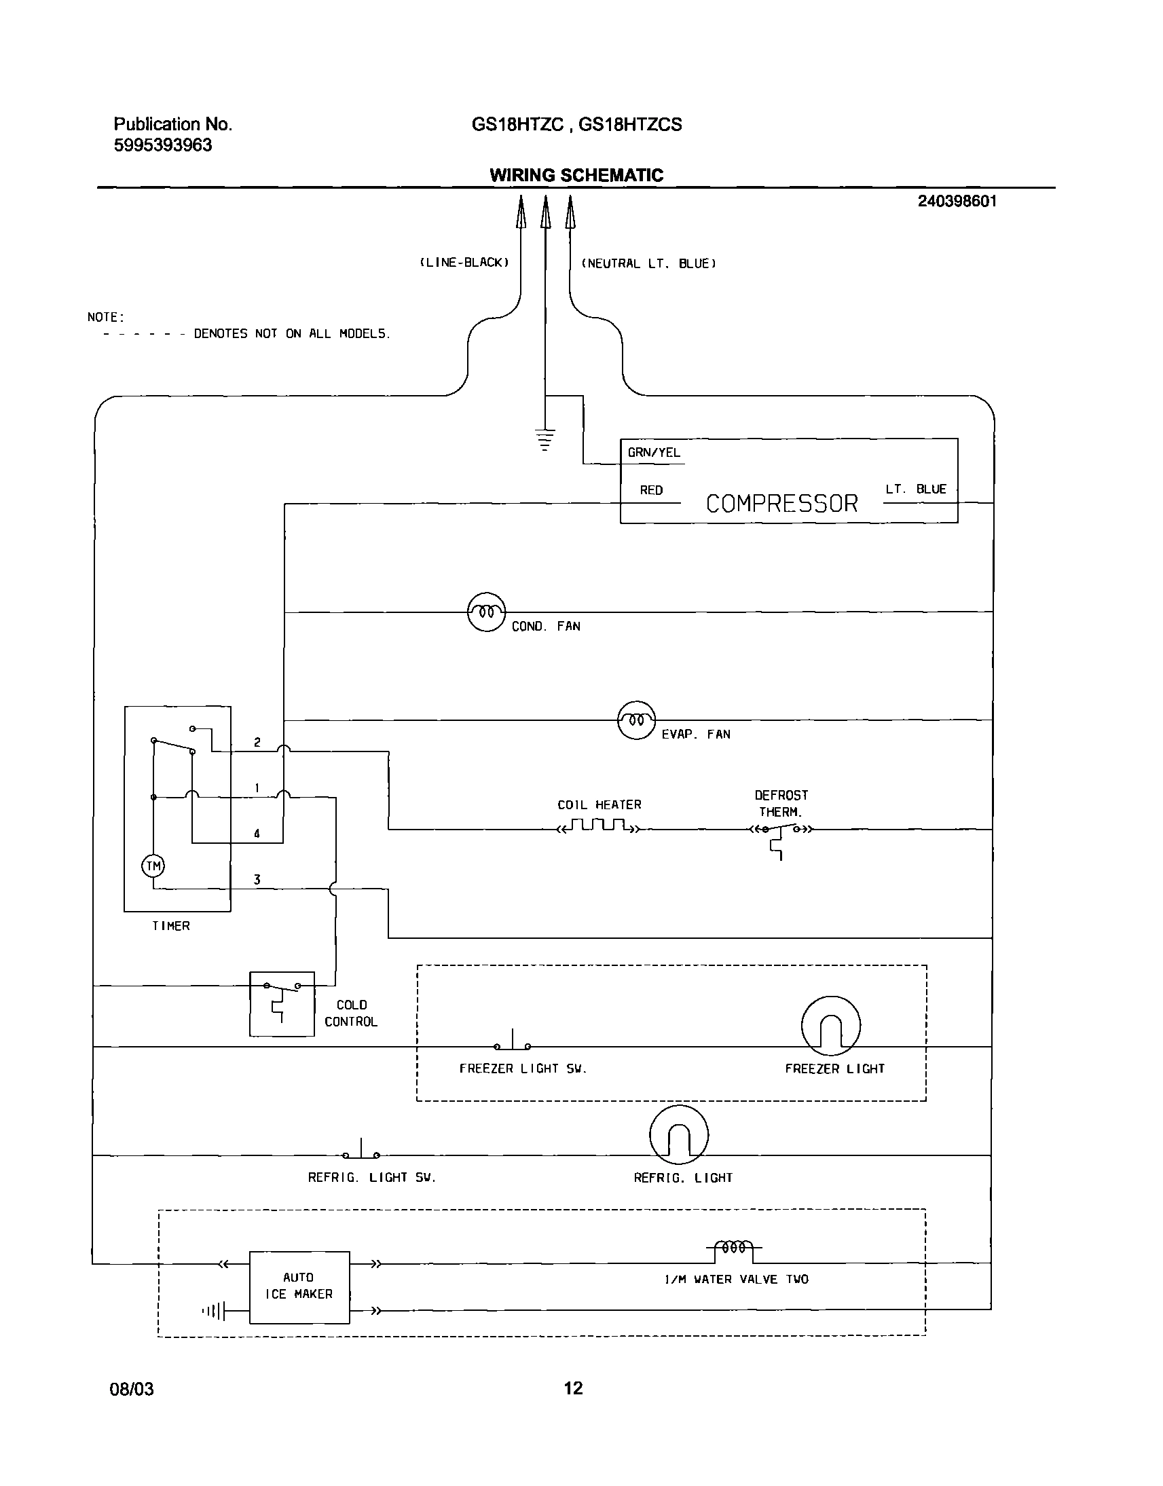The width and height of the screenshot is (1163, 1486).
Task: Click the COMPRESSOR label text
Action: pyautogui.click(x=781, y=504)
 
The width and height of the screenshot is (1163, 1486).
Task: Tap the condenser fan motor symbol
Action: pyautogui.click(x=486, y=612)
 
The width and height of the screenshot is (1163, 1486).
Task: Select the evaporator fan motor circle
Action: pyautogui.click(x=636, y=720)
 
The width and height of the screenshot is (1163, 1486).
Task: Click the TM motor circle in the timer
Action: pyautogui.click(x=153, y=866)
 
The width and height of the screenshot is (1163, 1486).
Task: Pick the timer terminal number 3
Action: pyautogui.click(x=257, y=880)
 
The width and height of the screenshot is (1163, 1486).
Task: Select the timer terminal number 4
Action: pyautogui.click(x=257, y=833)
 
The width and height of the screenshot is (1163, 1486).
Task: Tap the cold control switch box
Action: pyautogui.click(x=282, y=1004)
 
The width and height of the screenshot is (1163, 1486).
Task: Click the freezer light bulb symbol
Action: pyautogui.click(x=831, y=1026)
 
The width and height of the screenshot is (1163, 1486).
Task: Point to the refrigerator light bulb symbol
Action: pyautogui.click(x=679, y=1135)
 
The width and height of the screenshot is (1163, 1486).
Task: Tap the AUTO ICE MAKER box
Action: pyautogui.click(x=299, y=1286)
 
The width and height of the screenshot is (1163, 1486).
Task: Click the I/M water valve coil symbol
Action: pyautogui.click(x=734, y=1247)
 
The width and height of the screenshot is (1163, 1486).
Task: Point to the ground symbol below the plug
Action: pyautogui.click(x=544, y=439)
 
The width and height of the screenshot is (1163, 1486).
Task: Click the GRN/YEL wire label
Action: pyautogui.click(x=654, y=453)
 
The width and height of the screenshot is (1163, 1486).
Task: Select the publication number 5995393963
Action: pyautogui.click(x=163, y=145)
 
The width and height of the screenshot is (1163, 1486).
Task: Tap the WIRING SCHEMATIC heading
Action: pyautogui.click(x=576, y=175)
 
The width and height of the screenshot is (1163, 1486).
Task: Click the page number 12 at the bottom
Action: pyautogui.click(x=573, y=1388)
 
